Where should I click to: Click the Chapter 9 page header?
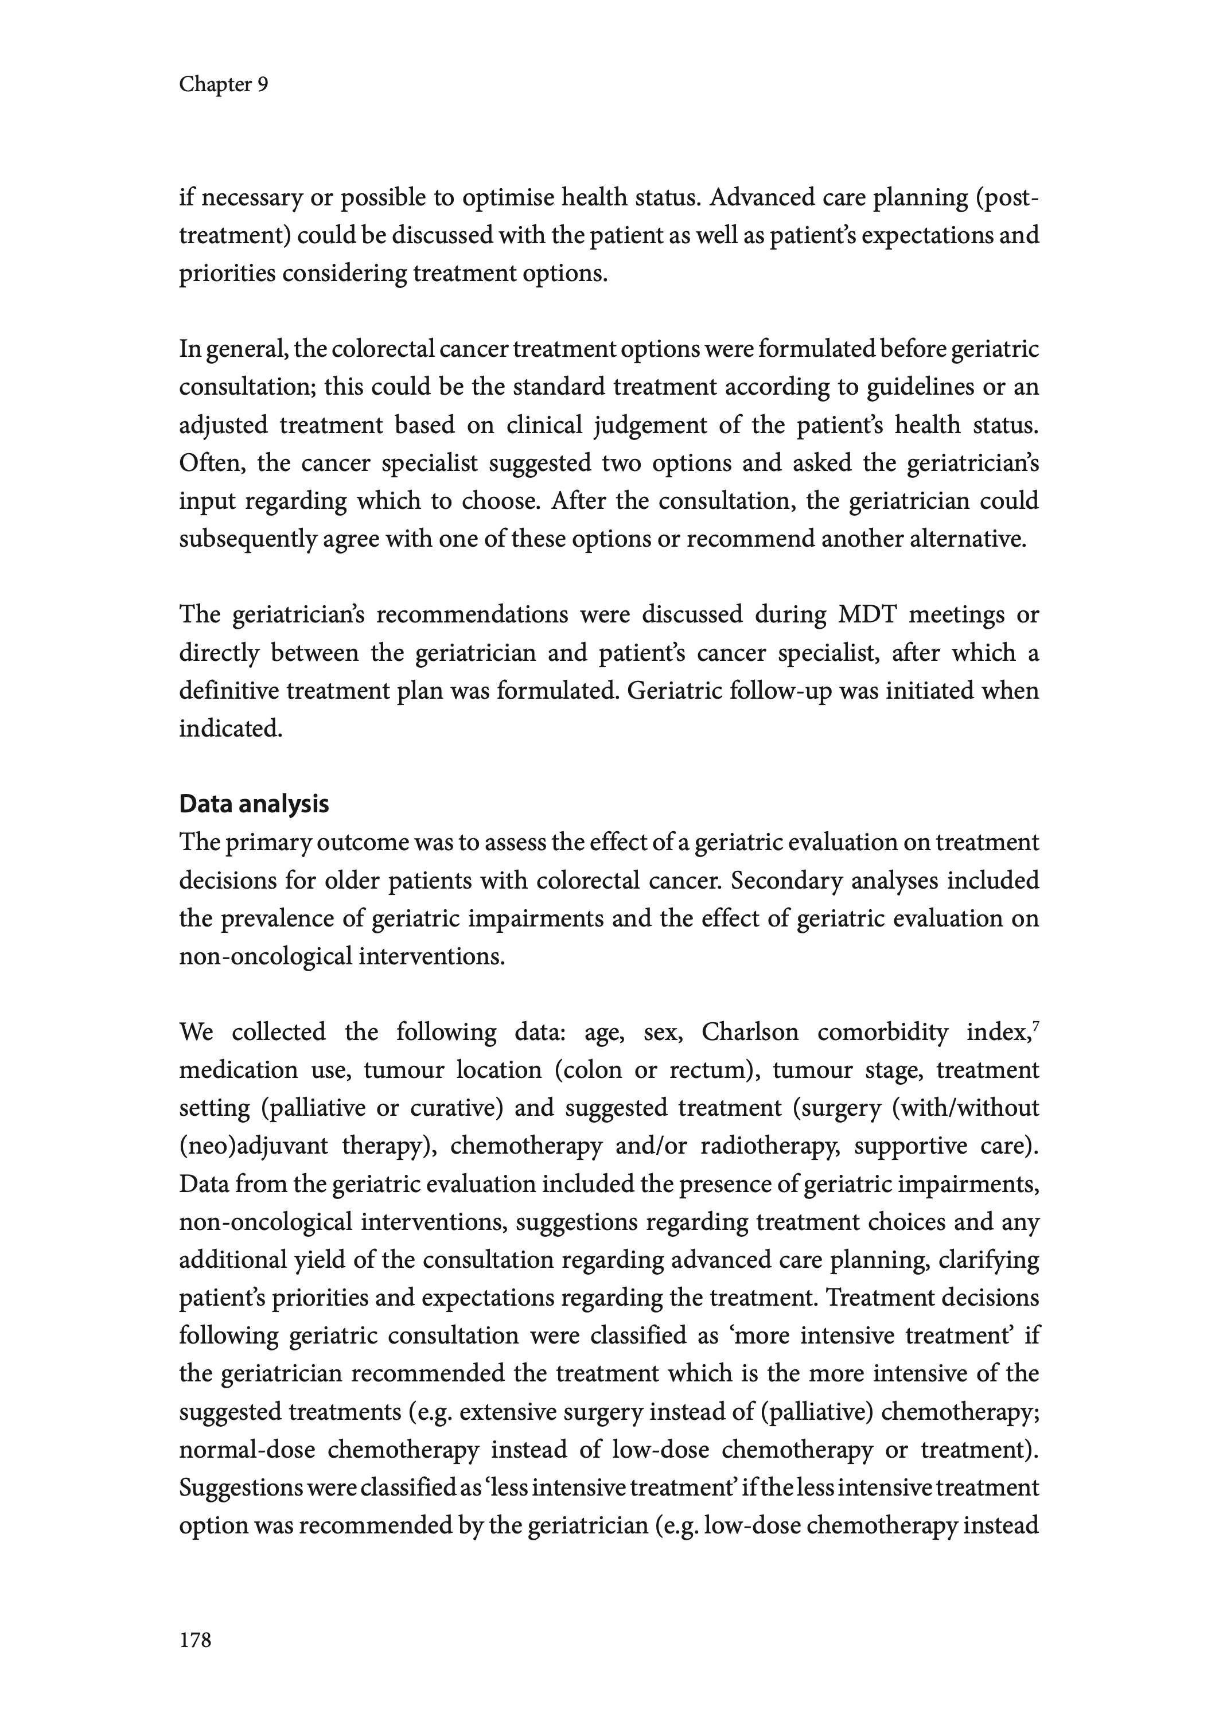pos(223,85)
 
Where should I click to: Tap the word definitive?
pos(228,691)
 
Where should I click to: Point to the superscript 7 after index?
pos(1036,1025)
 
